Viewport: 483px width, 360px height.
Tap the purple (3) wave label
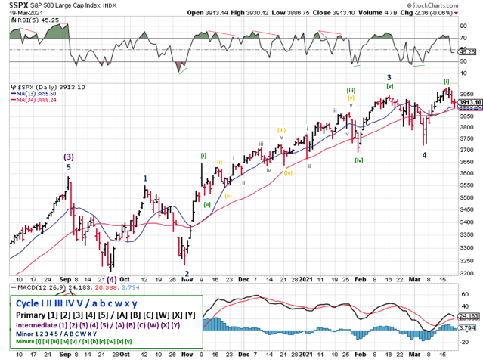coord(69,157)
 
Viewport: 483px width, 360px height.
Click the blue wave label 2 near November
coord(186,274)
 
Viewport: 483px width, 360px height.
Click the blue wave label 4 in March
coord(424,155)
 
